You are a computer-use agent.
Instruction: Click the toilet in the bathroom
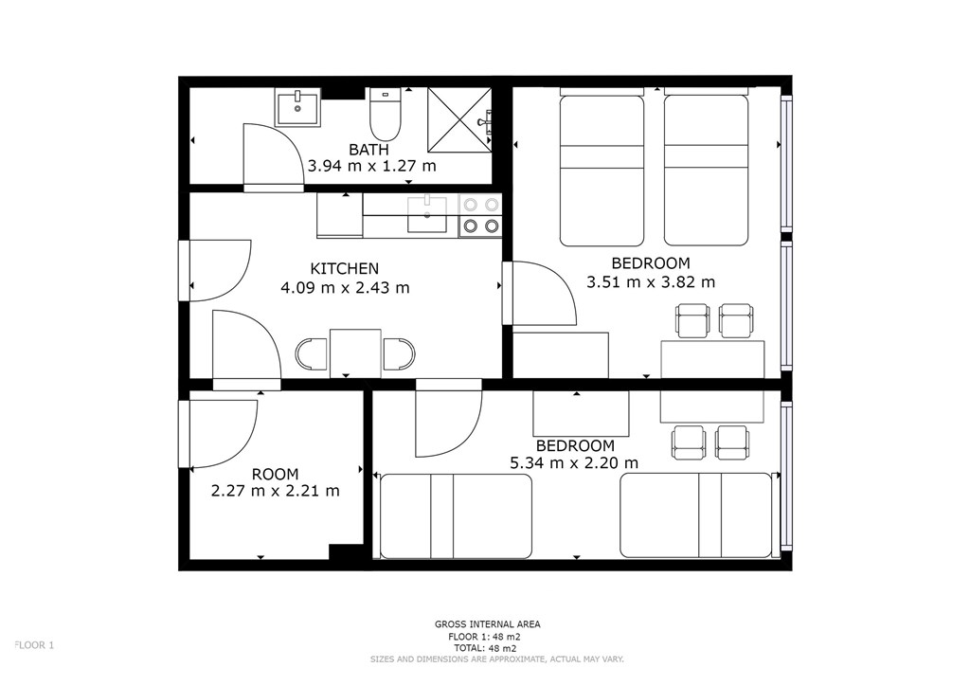(x=386, y=115)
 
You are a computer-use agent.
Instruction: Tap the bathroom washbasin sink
(x=297, y=108)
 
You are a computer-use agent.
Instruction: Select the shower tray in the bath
(x=459, y=119)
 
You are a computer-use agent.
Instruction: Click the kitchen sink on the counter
(x=427, y=214)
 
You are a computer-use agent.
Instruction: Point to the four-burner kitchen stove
(x=480, y=215)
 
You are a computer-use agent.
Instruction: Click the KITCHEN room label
(x=345, y=269)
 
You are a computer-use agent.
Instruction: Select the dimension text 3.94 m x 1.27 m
(x=371, y=166)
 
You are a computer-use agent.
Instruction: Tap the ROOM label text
(x=276, y=475)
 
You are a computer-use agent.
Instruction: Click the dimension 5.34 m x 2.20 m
(x=574, y=462)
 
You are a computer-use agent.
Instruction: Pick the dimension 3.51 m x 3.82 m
(x=651, y=282)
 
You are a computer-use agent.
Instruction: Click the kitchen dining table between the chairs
(x=356, y=353)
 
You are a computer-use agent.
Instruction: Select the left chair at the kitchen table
(x=311, y=354)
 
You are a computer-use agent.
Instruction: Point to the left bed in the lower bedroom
(x=456, y=515)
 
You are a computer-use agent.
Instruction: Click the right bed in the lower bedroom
(x=696, y=515)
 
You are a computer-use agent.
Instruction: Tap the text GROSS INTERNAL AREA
(x=488, y=624)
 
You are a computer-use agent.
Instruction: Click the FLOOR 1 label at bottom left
(x=34, y=645)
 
